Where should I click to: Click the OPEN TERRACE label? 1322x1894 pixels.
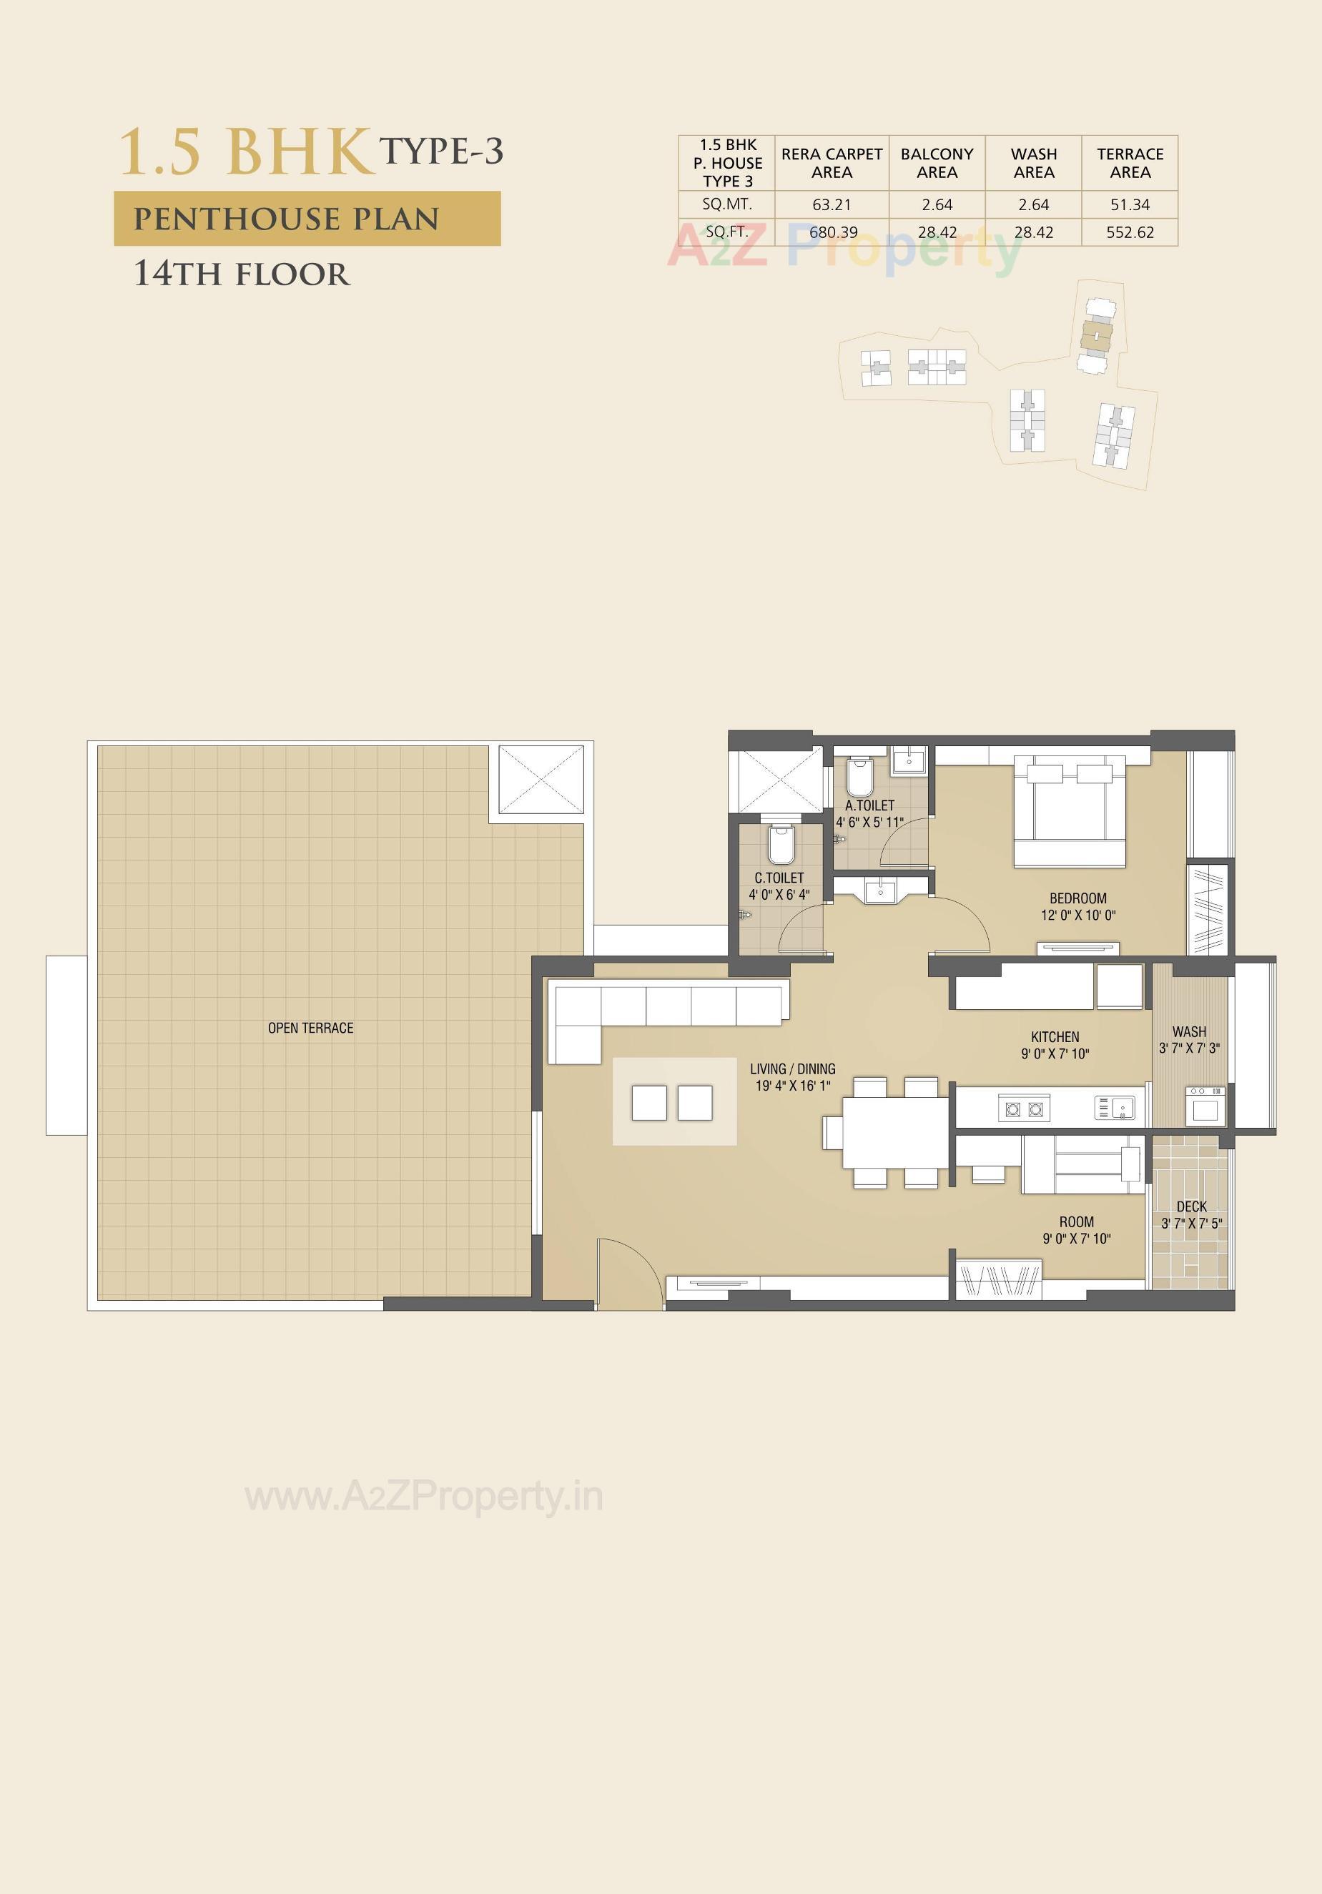(310, 1028)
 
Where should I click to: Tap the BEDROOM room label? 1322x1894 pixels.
(1077, 898)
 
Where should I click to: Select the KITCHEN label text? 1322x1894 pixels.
(1055, 1037)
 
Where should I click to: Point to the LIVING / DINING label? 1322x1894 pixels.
(792, 1069)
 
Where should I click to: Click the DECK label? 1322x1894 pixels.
(1192, 1207)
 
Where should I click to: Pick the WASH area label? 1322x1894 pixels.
(1189, 1032)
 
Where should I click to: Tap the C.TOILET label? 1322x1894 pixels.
(779, 878)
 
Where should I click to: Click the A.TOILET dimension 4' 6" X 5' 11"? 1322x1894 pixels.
(870, 823)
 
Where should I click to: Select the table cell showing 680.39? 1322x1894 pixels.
(833, 232)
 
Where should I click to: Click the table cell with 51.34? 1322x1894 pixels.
(1130, 204)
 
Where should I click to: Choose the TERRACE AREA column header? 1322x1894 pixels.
(1130, 164)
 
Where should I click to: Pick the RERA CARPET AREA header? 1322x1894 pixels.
(832, 164)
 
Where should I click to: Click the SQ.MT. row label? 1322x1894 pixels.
(727, 204)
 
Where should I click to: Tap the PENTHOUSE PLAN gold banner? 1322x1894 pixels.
(307, 219)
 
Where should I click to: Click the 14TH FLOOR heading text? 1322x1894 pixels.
(242, 274)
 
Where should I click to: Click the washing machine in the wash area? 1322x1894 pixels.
(1205, 1106)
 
